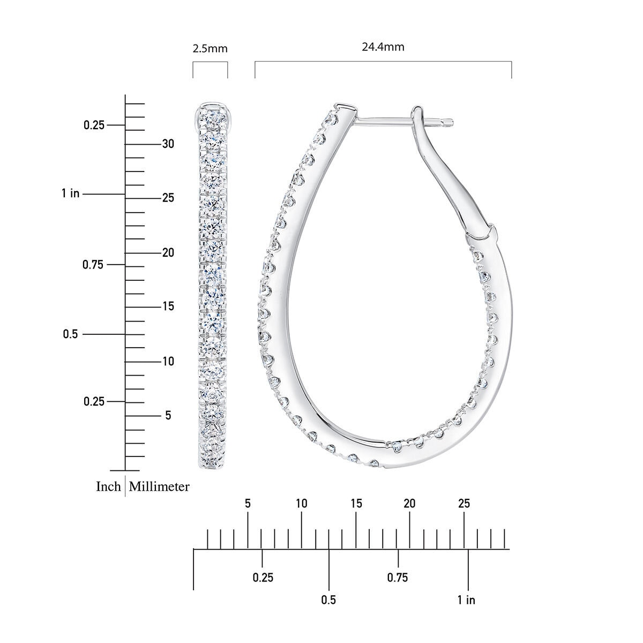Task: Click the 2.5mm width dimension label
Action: click(x=210, y=49)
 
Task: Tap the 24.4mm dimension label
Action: click(x=383, y=47)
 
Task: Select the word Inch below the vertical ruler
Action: click(x=108, y=486)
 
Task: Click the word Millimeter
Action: click(x=159, y=486)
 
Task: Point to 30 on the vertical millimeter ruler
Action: click(x=168, y=144)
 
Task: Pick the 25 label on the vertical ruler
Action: click(x=168, y=198)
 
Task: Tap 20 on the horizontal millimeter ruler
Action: click(x=409, y=503)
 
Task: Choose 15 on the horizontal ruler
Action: click(x=356, y=503)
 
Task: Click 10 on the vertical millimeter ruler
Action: click(x=168, y=361)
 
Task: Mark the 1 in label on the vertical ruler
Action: click(x=70, y=193)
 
